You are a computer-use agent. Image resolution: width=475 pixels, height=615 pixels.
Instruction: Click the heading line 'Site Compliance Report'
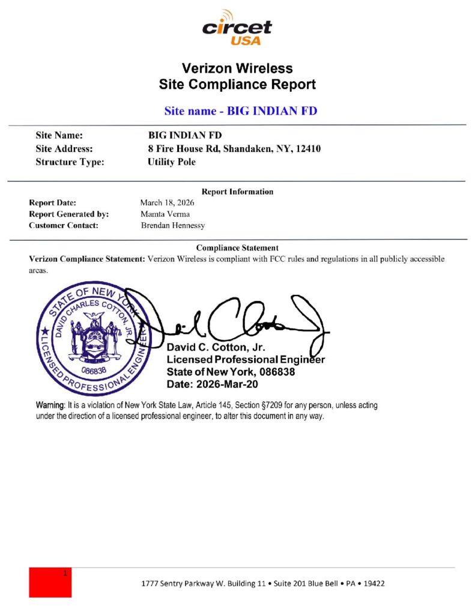237,85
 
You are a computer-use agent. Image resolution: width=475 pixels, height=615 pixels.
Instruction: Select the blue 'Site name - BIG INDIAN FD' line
240,111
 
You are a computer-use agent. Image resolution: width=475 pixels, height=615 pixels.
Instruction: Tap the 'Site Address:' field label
64,148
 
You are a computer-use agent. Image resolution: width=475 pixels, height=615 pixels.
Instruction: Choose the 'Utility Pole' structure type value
172,162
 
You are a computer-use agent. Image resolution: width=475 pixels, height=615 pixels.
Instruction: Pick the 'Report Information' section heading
237,192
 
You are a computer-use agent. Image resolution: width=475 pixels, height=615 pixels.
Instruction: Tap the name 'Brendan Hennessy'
173,225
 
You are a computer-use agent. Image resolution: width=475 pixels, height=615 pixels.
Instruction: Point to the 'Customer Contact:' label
64,225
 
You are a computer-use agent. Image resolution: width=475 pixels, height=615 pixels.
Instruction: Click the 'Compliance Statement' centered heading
237,247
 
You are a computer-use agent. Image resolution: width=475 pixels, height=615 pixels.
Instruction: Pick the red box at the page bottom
50,582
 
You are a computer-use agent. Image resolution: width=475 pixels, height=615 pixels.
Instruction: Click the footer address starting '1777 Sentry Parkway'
263,583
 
